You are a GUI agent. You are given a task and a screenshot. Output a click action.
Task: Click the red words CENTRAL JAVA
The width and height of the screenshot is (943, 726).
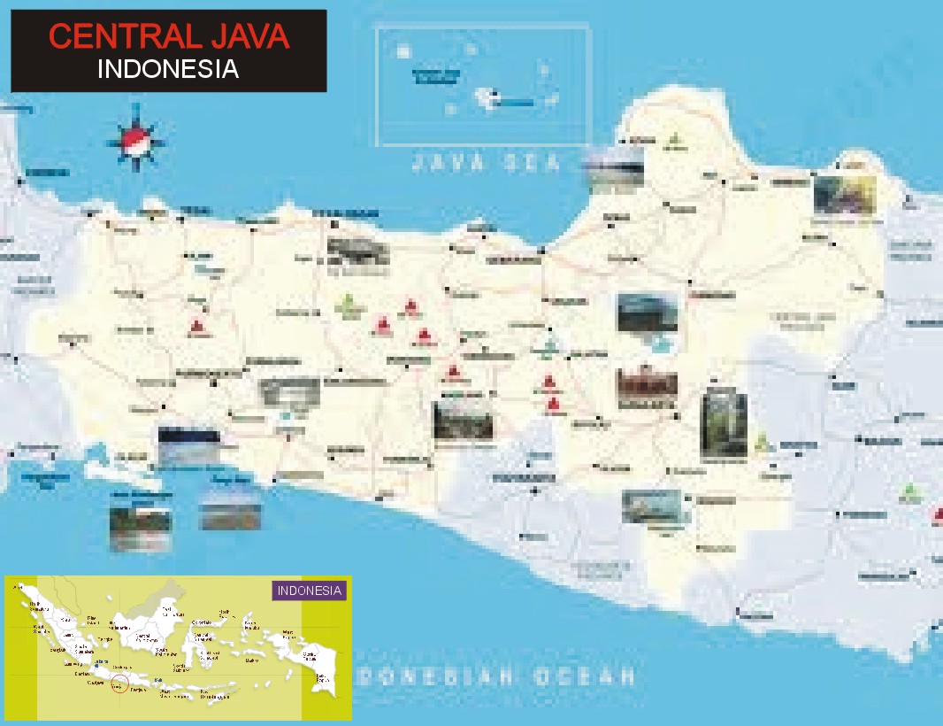168,37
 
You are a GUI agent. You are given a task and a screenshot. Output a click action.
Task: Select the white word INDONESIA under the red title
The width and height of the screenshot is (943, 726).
168,69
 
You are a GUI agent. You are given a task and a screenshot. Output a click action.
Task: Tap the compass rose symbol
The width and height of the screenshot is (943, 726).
136,136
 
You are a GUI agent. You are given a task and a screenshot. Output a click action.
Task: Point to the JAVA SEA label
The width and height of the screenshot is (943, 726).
486,163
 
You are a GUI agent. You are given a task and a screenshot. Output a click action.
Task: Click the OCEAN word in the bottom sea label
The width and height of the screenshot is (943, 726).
585,677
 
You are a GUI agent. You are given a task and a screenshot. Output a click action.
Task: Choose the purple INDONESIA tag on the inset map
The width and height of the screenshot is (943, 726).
309,591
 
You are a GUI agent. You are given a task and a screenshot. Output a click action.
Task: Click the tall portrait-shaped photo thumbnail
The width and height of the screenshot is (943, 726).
724,425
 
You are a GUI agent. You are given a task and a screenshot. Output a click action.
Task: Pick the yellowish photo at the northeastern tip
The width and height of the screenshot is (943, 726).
845,196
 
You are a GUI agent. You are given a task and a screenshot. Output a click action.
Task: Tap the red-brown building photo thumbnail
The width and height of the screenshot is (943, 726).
647,382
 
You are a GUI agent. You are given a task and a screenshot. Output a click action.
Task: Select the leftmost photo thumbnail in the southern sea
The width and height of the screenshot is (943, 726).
140,528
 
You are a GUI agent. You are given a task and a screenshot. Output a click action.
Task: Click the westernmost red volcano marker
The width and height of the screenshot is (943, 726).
196,328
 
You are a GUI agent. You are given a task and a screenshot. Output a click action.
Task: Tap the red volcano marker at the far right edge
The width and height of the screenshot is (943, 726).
937,514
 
